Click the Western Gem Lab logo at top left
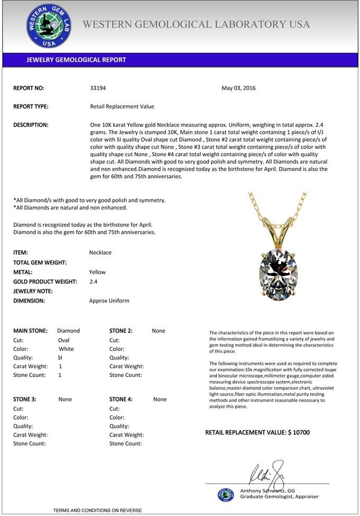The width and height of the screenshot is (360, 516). click(x=49, y=26)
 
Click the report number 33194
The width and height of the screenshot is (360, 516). click(x=98, y=88)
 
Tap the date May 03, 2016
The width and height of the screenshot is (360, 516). click(x=238, y=88)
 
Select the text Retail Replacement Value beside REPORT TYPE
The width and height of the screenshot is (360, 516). click(x=122, y=106)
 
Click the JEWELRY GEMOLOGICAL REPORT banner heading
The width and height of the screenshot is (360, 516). click(x=76, y=60)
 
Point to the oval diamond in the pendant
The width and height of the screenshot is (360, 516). click(x=278, y=271)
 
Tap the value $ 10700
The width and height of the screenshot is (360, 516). click(x=299, y=433)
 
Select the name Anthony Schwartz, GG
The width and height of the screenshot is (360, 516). click(x=267, y=491)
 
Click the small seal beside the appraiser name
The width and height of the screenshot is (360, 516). click(x=226, y=494)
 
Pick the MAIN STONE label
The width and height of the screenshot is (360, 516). click(x=30, y=331)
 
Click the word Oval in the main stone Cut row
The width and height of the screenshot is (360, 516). click(x=64, y=340)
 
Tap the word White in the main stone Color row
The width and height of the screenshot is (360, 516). click(x=66, y=349)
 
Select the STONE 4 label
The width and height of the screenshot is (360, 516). click(x=121, y=400)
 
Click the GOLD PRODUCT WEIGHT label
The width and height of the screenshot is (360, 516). click(x=45, y=282)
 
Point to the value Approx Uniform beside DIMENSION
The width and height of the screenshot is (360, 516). click(x=109, y=301)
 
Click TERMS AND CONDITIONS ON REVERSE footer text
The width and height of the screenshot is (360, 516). click(x=97, y=510)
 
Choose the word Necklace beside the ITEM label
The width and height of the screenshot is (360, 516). click(x=101, y=253)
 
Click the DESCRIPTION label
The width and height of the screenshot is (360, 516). click(x=31, y=125)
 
